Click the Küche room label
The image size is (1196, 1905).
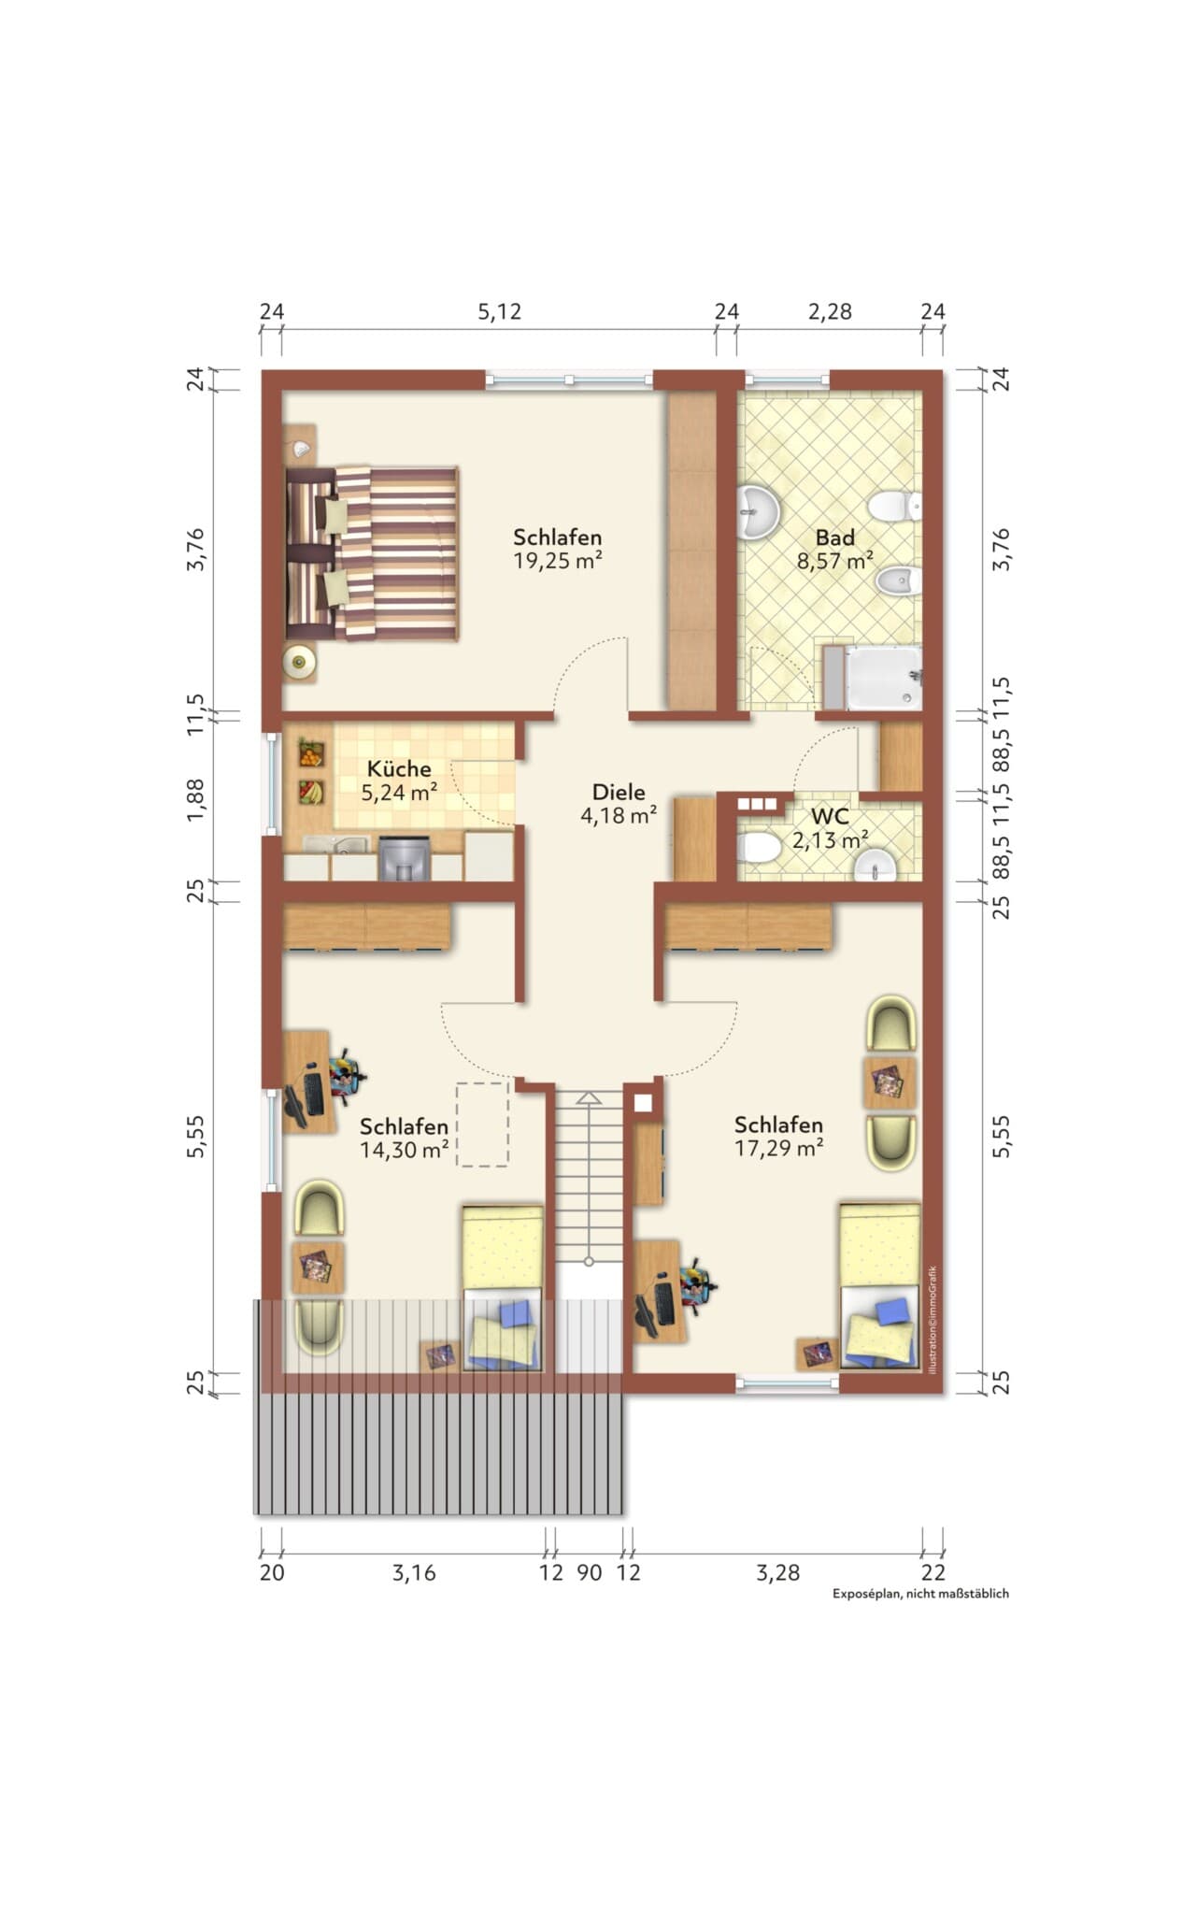[399, 769]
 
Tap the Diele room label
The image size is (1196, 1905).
[619, 792]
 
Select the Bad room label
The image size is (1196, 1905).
[834, 537]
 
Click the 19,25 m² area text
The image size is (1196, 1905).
[557, 561]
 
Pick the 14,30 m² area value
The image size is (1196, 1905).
[404, 1150]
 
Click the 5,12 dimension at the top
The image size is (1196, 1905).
[499, 311]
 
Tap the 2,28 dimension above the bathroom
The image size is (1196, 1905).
[830, 311]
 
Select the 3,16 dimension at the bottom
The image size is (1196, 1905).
[414, 1573]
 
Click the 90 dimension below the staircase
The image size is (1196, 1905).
[589, 1573]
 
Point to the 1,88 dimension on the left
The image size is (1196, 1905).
[195, 800]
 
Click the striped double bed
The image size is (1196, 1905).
[372, 553]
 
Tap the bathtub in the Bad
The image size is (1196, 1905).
[883, 677]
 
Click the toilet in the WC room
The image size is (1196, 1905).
[758, 848]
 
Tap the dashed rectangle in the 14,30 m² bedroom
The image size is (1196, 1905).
[482, 1124]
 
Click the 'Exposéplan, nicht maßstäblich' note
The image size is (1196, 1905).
[920, 1594]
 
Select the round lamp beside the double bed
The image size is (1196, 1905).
[300, 662]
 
